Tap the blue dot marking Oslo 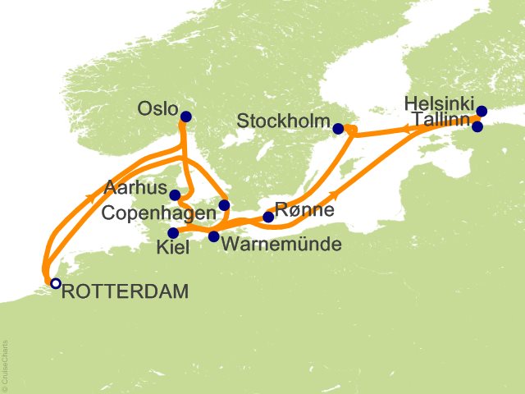click(x=185, y=117)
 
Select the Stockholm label click(x=283, y=122)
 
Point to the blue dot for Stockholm click(x=338, y=128)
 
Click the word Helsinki click(x=439, y=103)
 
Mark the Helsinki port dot click(x=482, y=111)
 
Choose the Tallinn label click(x=442, y=120)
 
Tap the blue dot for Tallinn click(x=478, y=126)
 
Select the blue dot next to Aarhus click(x=175, y=195)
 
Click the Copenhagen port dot click(x=224, y=205)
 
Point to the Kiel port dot click(x=172, y=232)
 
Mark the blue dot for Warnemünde click(x=213, y=236)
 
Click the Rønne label click(x=304, y=210)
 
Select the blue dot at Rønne click(x=267, y=218)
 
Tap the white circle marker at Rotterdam click(x=55, y=283)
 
